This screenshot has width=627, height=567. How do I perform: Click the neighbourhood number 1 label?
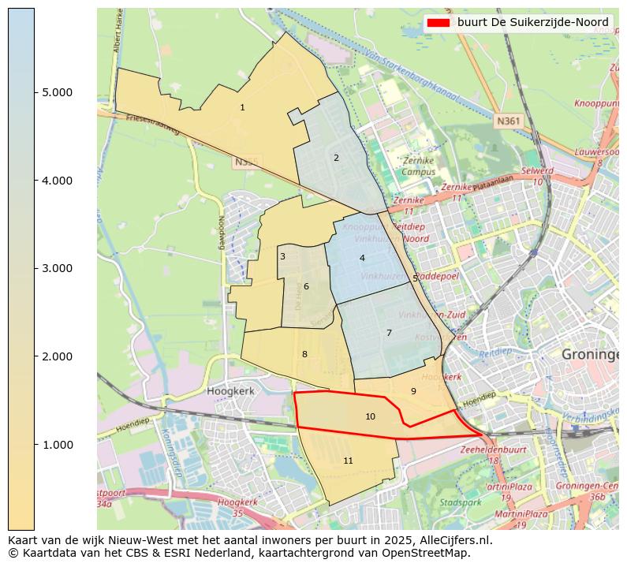pos(242,107)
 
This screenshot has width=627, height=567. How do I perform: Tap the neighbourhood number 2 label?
pos(336,158)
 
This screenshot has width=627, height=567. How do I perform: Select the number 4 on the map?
pos(362,258)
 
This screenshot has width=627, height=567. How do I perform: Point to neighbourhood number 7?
pos(389,333)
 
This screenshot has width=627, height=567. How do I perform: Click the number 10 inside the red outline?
pos(370,416)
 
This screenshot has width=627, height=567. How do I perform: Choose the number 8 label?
pos(304,354)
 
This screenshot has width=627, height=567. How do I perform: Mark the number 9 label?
pos(412,391)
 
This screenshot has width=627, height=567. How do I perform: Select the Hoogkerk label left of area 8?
pos(228,390)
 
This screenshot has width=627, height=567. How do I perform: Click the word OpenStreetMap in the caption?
pos(427,552)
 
